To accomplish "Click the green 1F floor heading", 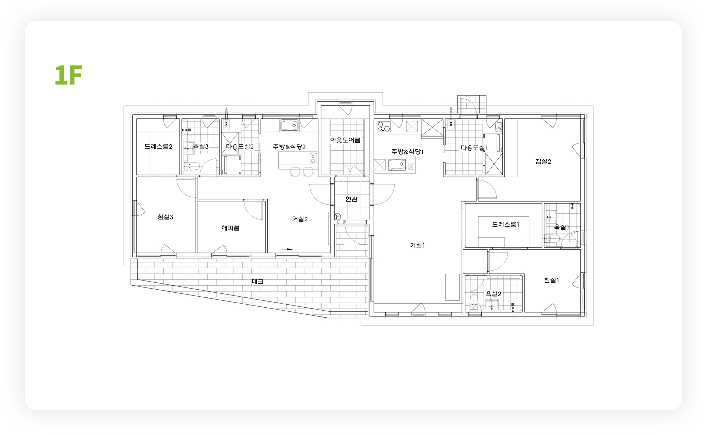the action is (68, 75).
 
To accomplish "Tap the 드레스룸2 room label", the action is (158, 147).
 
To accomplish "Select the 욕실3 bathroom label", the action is (201, 147).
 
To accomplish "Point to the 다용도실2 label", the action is (240, 147).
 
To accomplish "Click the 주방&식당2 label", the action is (289, 147).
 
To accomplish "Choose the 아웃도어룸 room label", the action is (345, 140).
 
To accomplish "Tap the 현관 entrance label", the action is (352, 199).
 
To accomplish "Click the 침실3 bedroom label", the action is (165, 217).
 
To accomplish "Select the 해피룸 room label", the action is (231, 228).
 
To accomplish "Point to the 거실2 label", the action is (300, 219).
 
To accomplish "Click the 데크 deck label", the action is (257, 282).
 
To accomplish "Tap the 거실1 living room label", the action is (417, 245).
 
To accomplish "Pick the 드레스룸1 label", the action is (505, 224).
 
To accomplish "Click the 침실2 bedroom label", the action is (543, 161).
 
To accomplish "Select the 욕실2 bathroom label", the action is (493, 294).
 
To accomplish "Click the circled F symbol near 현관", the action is (338, 217).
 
